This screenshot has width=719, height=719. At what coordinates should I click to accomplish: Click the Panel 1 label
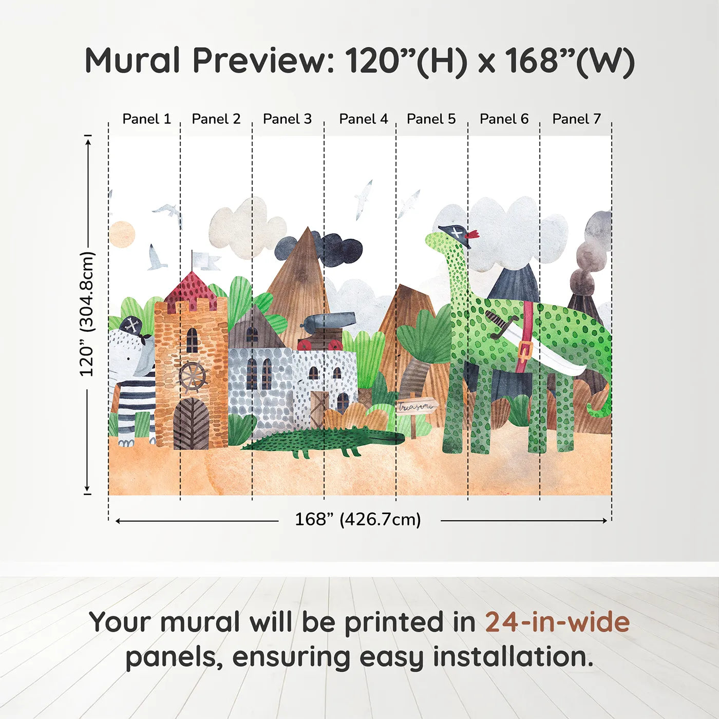point(146,119)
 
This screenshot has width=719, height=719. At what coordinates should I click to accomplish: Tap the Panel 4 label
point(364,119)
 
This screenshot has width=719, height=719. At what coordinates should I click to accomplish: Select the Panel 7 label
point(576,119)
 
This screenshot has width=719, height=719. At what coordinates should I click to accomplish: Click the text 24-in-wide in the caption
point(557,622)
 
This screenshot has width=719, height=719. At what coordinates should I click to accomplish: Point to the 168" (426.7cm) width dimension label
point(358,520)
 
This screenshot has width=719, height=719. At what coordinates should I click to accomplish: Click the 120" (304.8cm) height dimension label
point(87,314)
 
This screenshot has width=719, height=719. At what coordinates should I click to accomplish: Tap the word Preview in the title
point(263,61)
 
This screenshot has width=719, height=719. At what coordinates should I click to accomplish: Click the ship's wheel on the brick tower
point(192,376)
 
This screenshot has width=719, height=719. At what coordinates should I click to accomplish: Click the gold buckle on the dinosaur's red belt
point(524,351)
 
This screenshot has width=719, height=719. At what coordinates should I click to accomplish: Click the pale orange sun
point(122,234)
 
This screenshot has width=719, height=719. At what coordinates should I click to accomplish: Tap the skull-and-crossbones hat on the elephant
point(132,326)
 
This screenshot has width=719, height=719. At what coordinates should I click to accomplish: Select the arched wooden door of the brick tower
point(191,424)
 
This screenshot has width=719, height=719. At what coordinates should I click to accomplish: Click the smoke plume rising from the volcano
point(591,252)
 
